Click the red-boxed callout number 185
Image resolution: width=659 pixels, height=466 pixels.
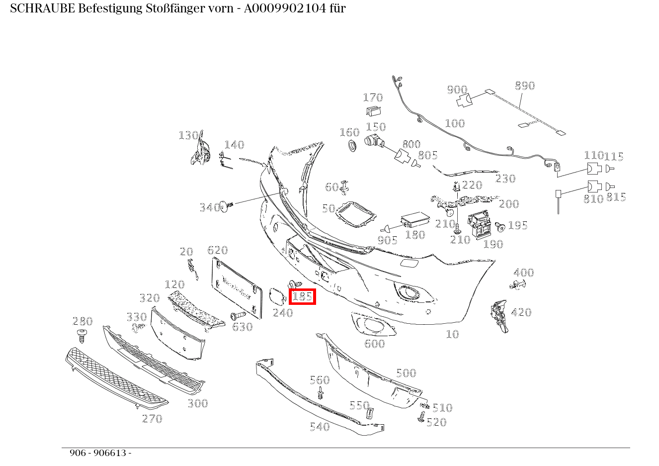pyautogui.click(x=302, y=297)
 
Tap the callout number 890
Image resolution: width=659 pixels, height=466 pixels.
pyautogui.click(x=524, y=86)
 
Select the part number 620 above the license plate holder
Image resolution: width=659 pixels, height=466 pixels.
pyautogui.click(x=217, y=250)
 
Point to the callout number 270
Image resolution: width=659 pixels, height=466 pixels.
pyautogui.click(x=152, y=419)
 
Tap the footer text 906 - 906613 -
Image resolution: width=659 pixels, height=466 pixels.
pyautogui.click(x=100, y=453)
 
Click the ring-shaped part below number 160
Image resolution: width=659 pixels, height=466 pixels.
pyautogui.click(x=352, y=146)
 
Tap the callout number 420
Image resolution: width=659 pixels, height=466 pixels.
pyautogui.click(x=521, y=312)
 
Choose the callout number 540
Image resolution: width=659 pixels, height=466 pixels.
pyautogui.click(x=320, y=427)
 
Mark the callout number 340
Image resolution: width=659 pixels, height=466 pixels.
pyautogui.click(x=210, y=207)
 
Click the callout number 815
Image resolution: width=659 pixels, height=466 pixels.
pyautogui.click(x=616, y=197)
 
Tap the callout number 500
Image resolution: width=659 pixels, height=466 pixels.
pyautogui.click(x=406, y=373)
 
